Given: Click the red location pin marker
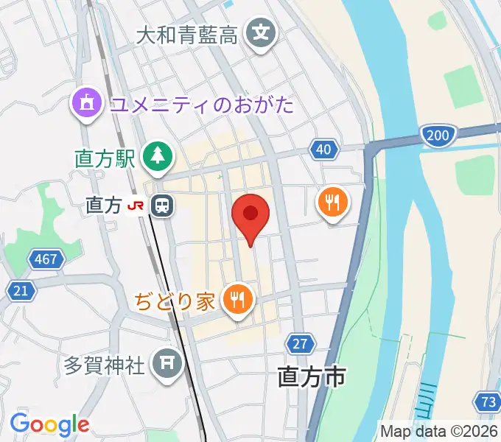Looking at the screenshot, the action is click(x=251, y=215).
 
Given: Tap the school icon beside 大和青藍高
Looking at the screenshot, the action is click(x=261, y=34).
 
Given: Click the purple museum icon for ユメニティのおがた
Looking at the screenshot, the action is click(x=87, y=102).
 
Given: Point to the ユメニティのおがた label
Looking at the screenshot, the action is click(x=201, y=104).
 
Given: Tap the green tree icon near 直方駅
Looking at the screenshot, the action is click(x=158, y=155).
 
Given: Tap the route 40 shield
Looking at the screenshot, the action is click(x=323, y=150).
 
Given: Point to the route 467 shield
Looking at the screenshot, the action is click(x=46, y=259).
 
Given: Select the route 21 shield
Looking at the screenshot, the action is click(x=22, y=291).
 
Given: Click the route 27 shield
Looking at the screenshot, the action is click(x=299, y=343).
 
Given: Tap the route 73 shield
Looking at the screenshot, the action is click(x=486, y=401).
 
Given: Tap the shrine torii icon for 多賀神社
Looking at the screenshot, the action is click(x=166, y=364).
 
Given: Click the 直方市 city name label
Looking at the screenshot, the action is click(x=312, y=378).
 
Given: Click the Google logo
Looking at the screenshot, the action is click(x=49, y=424).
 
